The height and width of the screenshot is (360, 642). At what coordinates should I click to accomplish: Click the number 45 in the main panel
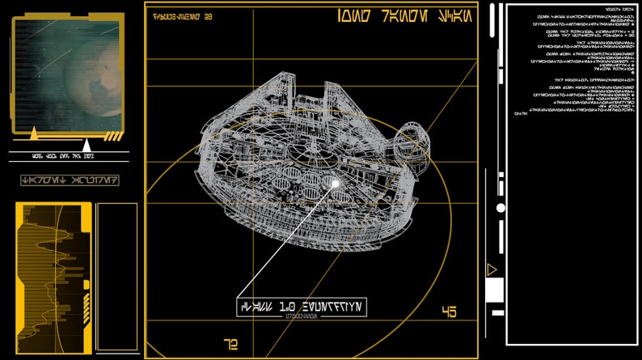449,312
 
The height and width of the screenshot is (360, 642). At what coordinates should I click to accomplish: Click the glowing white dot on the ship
336,184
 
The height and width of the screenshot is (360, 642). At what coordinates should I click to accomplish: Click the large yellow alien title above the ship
401,16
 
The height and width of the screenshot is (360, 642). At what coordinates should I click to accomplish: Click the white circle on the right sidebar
501,208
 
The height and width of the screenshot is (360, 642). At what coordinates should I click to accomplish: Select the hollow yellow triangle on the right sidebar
491,269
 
